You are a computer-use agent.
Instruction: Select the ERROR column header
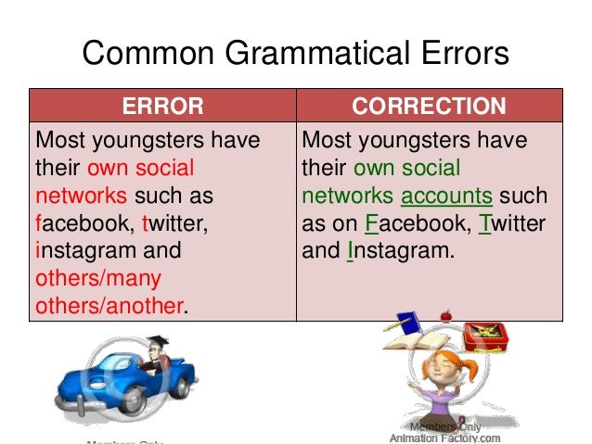pyautogui.click(x=162, y=106)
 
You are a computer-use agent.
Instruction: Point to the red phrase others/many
pyautogui.click(x=98, y=278)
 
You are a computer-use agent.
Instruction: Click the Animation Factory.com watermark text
pyautogui.click(x=444, y=438)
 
